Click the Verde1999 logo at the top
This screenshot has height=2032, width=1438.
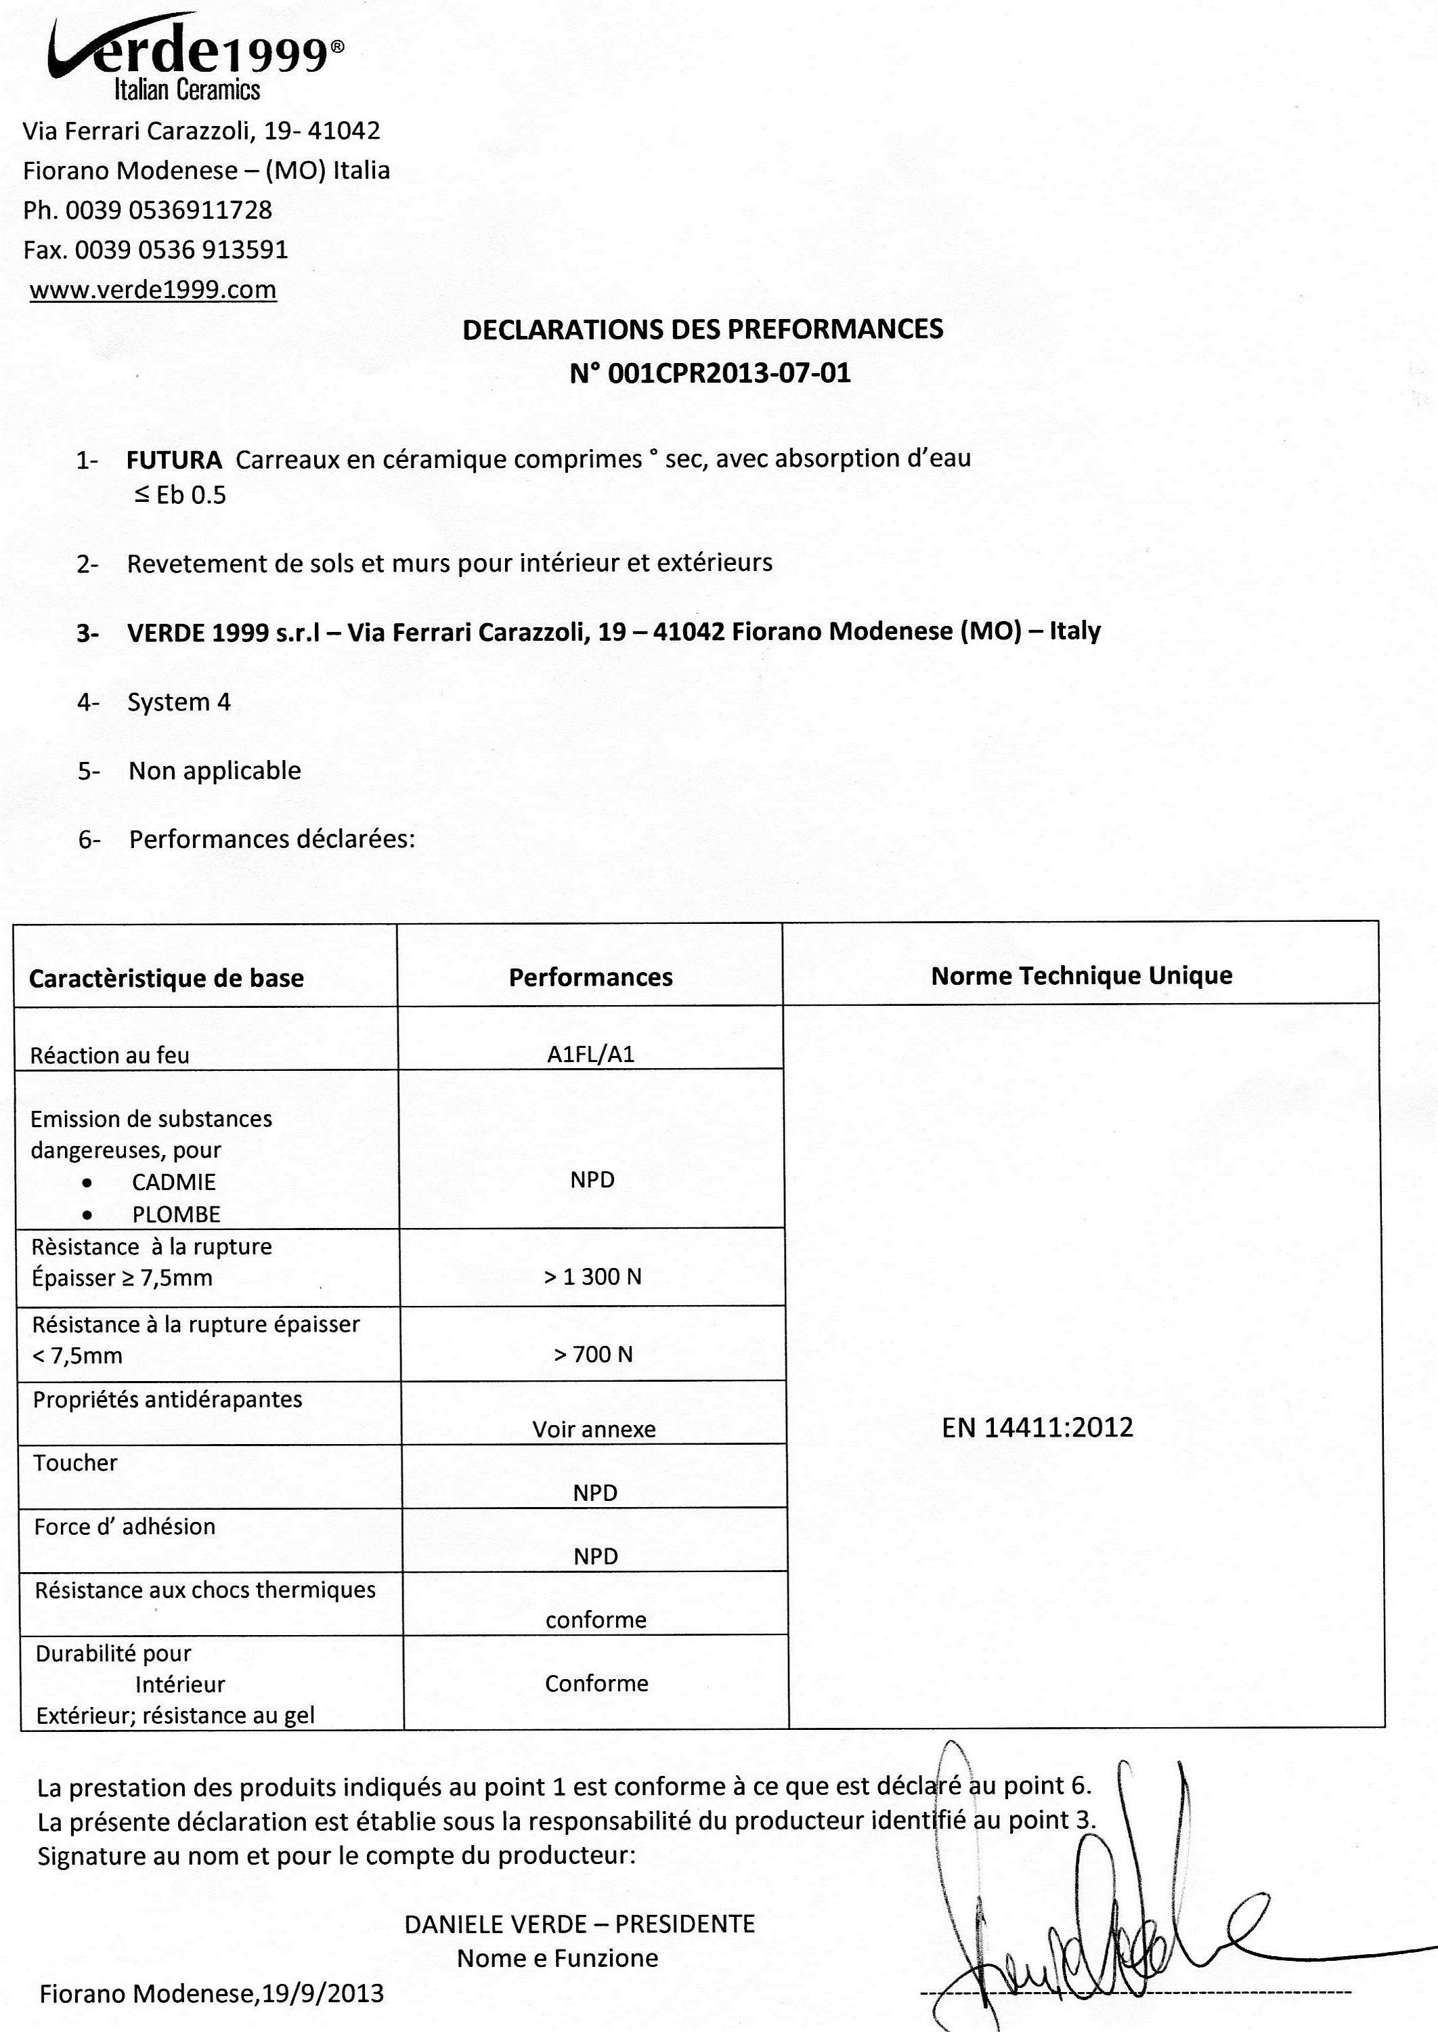click(x=195, y=58)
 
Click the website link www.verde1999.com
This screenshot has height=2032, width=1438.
click(x=152, y=290)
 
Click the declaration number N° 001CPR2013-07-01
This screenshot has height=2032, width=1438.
click(x=710, y=373)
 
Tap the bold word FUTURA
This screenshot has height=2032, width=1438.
click(x=173, y=460)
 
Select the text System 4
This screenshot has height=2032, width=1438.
click(x=179, y=702)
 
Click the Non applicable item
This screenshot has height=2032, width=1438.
click(x=215, y=771)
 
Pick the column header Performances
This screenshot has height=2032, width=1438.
click(x=590, y=977)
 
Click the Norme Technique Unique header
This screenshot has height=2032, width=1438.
click(x=1081, y=975)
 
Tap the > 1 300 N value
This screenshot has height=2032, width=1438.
click(x=592, y=1276)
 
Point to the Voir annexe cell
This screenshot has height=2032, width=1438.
click(x=594, y=1428)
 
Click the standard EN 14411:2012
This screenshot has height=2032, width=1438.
click(x=1037, y=1427)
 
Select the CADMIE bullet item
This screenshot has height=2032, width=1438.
click(x=173, y=1182)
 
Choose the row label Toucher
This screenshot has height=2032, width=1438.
click(x=75, y=1462)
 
